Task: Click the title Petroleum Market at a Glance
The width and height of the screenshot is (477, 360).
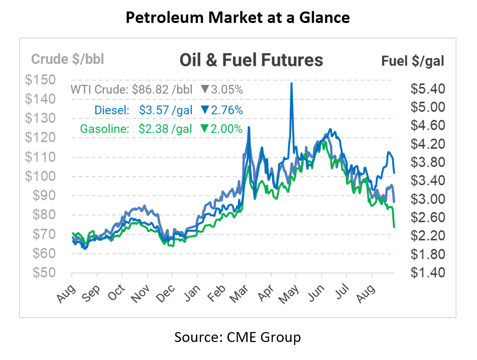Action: click(x=238, y=18)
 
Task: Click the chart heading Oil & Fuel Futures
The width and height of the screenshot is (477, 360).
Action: click(x=251, y=60)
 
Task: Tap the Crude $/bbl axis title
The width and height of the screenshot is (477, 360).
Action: click(x=67, y=59)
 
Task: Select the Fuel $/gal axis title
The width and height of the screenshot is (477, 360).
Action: click(x=413, y=61)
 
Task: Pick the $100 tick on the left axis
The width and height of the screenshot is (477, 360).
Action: click(x=42, y=176)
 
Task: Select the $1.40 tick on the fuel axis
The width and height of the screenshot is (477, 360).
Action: click(x=427, y=273)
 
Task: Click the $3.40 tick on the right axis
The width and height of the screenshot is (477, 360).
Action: click(x=427, y=181)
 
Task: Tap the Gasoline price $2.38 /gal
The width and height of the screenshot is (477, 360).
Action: click(x=163, y=129)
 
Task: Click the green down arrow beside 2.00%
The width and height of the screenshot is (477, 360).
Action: click(x=204, y=129)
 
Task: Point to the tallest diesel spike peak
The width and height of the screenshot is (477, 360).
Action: click(x=291, y=83)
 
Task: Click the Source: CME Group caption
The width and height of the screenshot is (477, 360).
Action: click(x=238, y=338)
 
